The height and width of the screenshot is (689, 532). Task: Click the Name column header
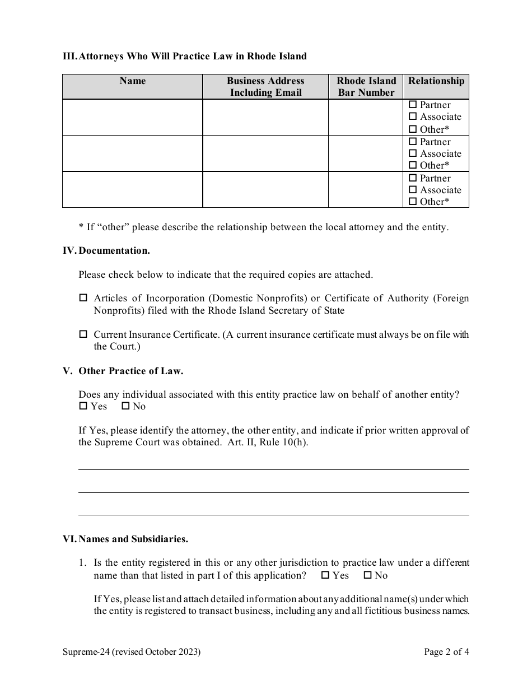coord(132,81)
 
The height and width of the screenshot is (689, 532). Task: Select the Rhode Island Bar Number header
coord(366,87)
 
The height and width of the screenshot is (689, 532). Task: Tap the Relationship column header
coord(436,81)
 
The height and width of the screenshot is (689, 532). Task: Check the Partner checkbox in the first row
coord(413,105)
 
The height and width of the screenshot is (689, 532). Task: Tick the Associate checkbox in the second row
coord(413,153)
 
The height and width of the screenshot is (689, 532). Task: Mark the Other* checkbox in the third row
coord(413,202)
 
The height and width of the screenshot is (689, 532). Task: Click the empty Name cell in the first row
coord(132,117)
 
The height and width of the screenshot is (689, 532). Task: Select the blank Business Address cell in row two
coord(265,153)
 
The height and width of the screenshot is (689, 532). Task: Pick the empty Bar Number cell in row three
coord(366,190)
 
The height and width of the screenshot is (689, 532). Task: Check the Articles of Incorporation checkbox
coord(83,299)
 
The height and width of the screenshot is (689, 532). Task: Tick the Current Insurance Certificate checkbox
coord(83,334)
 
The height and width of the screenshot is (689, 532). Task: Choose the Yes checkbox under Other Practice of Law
coord(83,406)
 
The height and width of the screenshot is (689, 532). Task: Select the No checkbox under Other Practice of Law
coord(125,406)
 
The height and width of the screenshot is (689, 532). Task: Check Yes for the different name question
coord(325,575)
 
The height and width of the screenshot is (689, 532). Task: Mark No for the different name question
coord(368,575)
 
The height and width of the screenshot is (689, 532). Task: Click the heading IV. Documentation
coord(106,251)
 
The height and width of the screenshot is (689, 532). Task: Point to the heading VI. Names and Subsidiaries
coord(125,539)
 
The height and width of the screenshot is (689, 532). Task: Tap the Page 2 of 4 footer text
coord(446,652)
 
